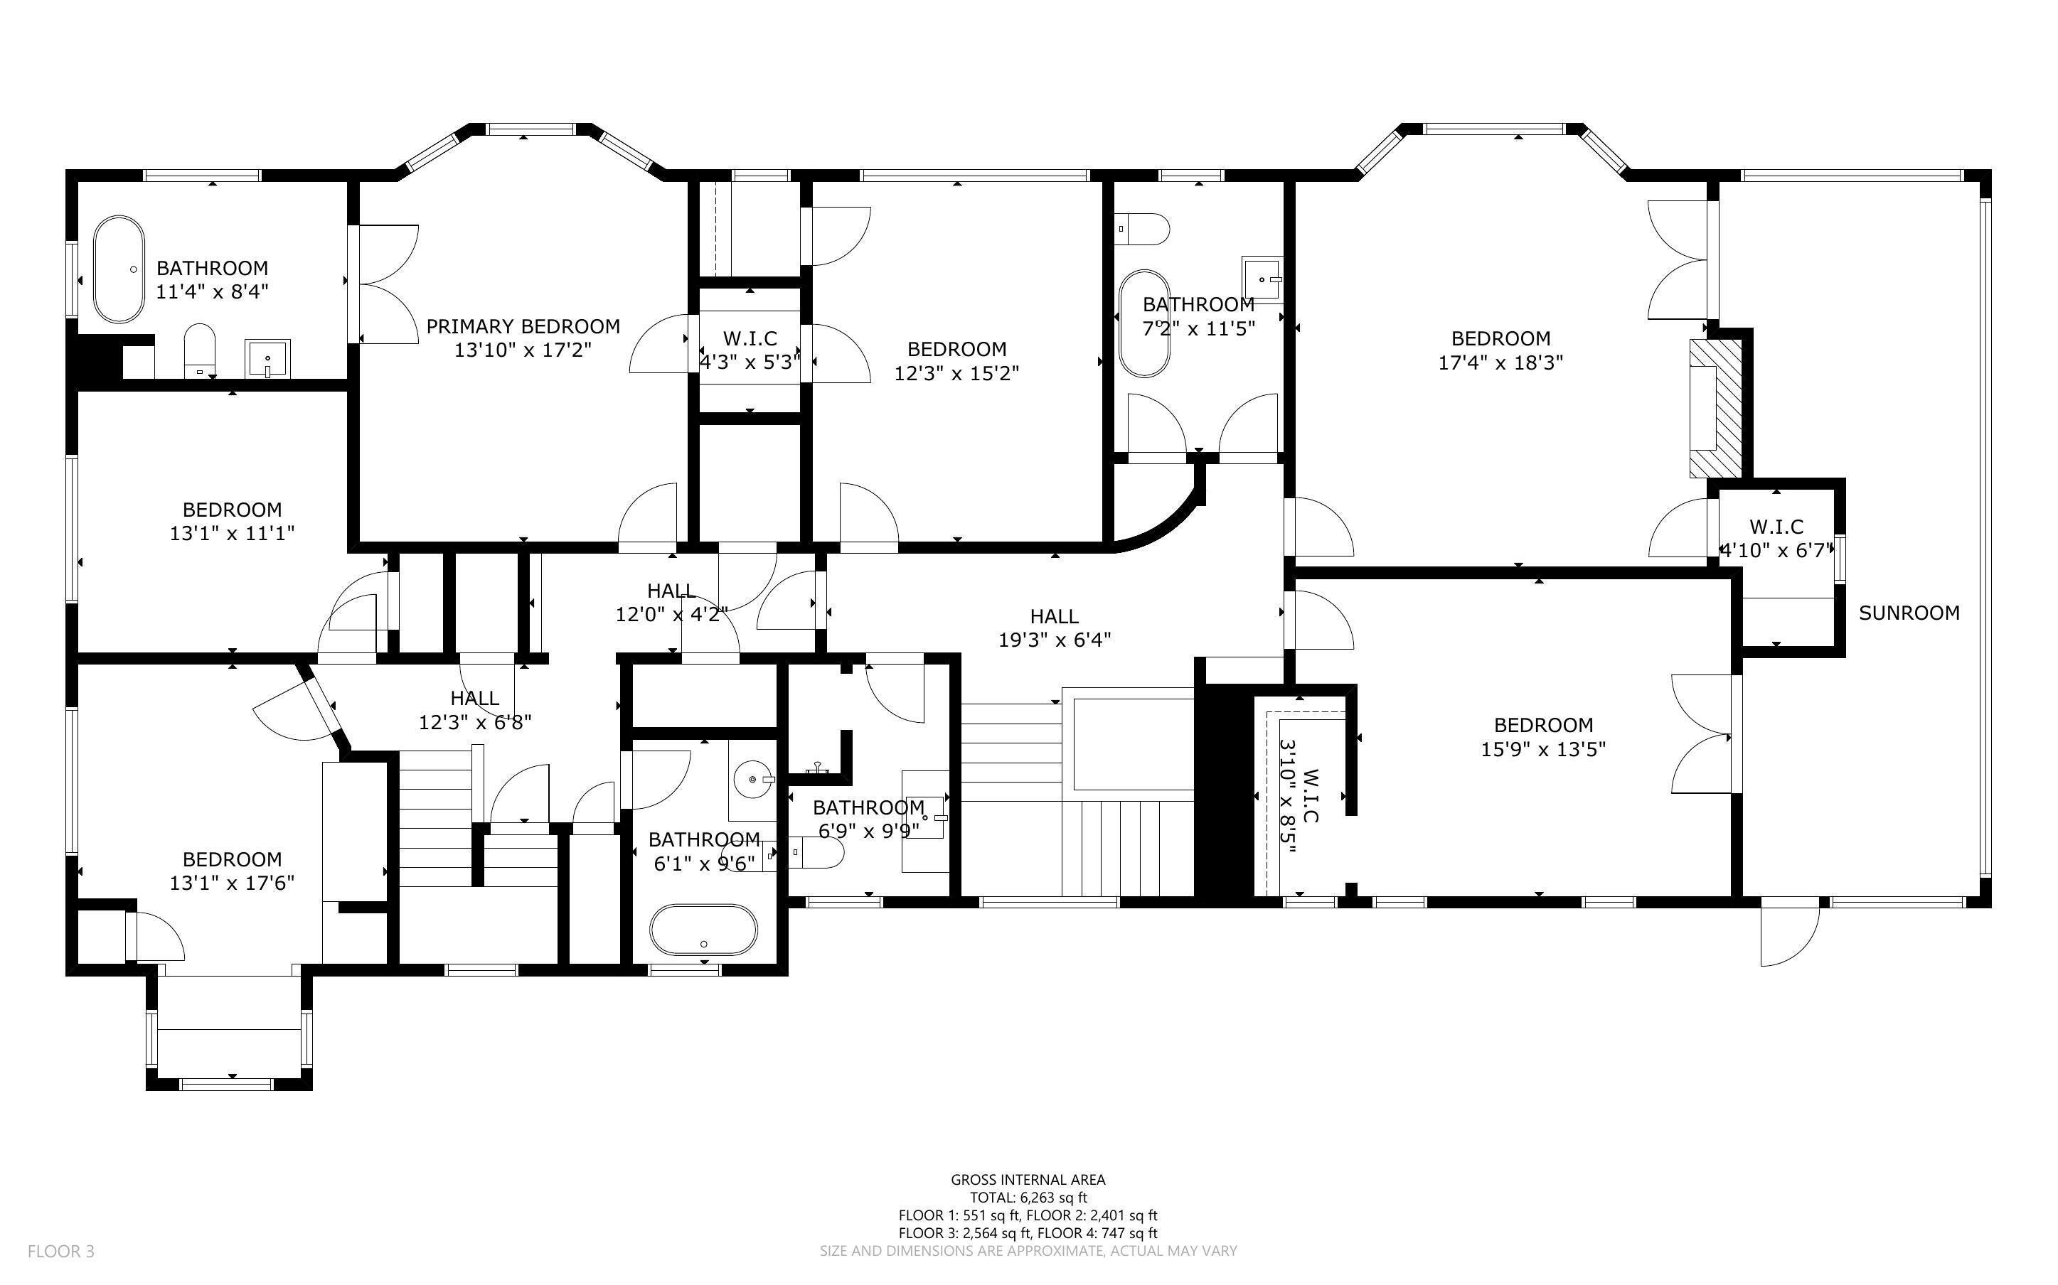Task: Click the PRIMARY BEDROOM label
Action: point(523,326)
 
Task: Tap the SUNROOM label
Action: point(1909,613)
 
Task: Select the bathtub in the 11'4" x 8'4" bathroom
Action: point(118,269)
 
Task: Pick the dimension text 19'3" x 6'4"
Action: point(1055,640)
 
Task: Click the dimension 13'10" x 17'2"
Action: point(523,350)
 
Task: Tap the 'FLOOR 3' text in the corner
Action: point(61,1251)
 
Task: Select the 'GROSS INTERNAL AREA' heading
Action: point(1028,1180)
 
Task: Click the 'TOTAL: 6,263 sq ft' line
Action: point(1028,1198)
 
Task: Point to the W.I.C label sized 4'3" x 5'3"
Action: point(750,339)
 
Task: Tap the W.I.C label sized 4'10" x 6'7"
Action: point(1776,527)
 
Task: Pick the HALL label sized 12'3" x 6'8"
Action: point(474,699)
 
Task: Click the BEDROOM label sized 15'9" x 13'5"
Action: point(1543,726)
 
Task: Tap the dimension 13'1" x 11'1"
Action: point(232,534)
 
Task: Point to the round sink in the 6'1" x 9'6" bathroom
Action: point(752,778)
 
